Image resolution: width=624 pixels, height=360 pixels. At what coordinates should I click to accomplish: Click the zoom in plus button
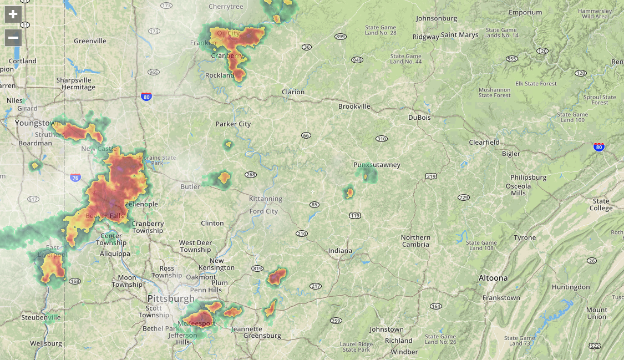coord(13,14)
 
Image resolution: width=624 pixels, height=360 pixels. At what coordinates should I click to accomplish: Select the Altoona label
coord(493,278)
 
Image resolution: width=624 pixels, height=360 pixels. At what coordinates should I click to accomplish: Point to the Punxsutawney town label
coord(377,165)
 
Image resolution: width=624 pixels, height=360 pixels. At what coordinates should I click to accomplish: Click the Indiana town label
coord(340,251)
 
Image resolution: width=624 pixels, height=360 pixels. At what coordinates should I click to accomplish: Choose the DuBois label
coord(419,118)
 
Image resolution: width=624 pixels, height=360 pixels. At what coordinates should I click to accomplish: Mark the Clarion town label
coord(293,92)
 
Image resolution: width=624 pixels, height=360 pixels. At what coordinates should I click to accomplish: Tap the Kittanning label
coord(266,199)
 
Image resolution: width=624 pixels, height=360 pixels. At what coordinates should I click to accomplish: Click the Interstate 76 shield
coord(75,178)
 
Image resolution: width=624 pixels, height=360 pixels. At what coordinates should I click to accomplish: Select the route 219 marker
coord(431,176)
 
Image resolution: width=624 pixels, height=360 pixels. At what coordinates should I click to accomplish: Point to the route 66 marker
coord(306,135)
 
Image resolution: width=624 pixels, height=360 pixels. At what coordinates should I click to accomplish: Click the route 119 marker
coord(355,215)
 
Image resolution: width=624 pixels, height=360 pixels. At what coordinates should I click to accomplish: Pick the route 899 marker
coord(341,37)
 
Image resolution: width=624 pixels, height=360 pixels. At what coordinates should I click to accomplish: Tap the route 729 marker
coord(464,197)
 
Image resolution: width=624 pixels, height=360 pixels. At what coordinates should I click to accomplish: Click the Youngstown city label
coord(37,123)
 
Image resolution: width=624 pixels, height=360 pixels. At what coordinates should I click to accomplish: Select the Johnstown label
coord(387,329)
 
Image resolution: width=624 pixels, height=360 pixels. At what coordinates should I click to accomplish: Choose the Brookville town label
coord(354,107)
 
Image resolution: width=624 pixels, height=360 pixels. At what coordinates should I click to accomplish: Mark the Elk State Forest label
coord(536,84)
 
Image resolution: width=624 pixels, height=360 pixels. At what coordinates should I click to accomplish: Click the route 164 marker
coord(435,306)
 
